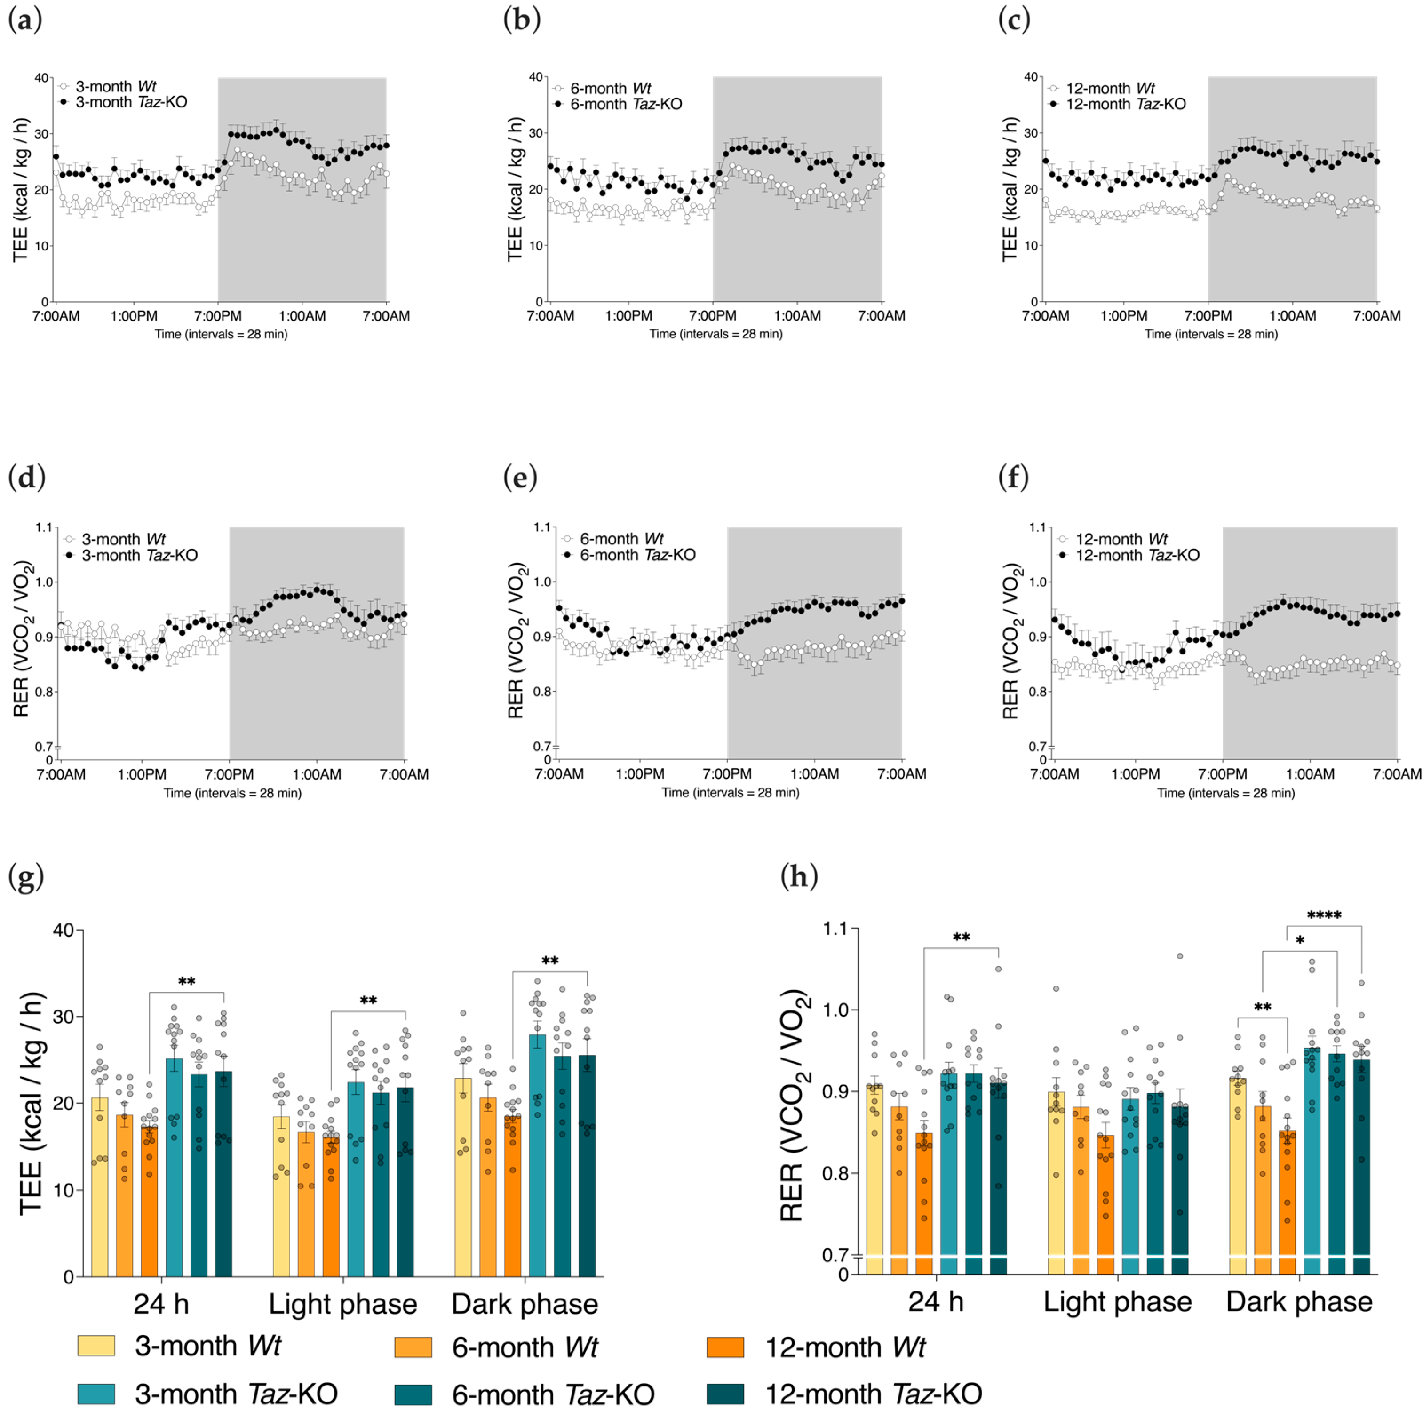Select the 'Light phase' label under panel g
(x=343, y=1304)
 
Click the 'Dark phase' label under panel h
(x=1299, y=1302)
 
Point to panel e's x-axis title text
(x=730, y=792)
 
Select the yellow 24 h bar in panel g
(x=100, y=1186)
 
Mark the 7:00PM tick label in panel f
(x=1222, y=774)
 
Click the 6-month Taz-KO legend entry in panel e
(x=637, y=555)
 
